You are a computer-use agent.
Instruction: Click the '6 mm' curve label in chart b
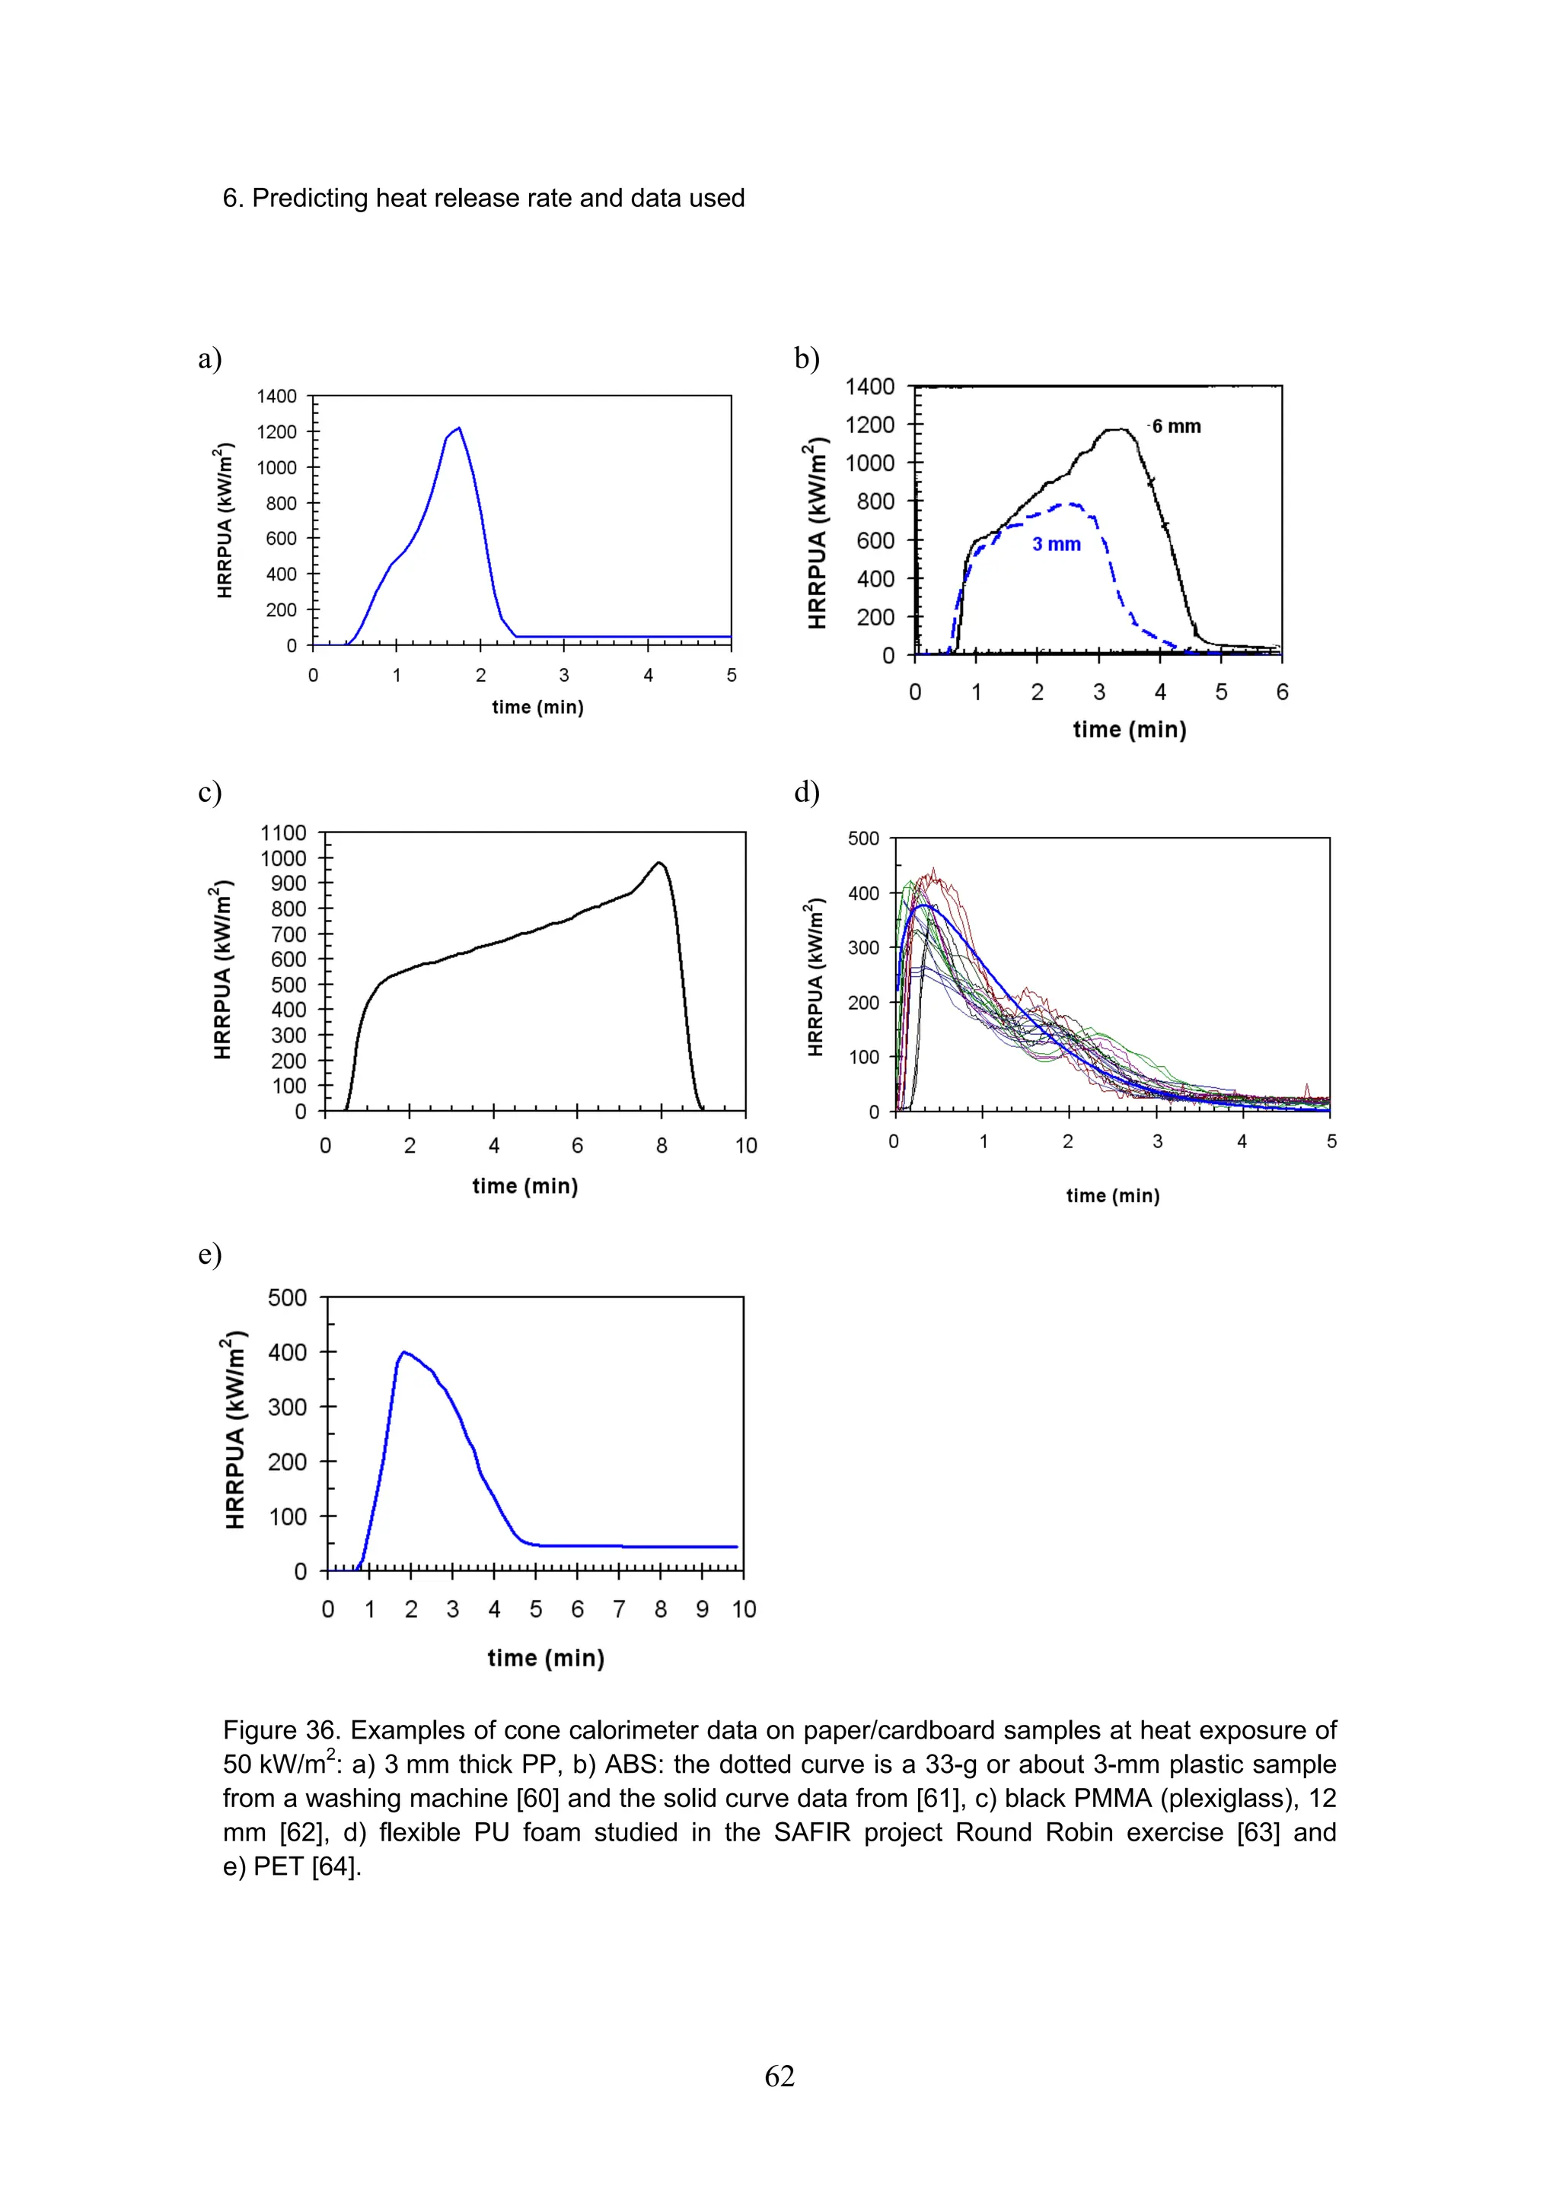click(1176, 426)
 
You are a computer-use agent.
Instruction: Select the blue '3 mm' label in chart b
click(1056, 545)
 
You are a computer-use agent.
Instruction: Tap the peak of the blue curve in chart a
click(459, 428)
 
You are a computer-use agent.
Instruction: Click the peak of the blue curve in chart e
click(403, 1352)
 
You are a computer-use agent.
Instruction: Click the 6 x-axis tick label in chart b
click(1281, 692)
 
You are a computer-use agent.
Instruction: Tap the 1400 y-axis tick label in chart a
click(276, 396)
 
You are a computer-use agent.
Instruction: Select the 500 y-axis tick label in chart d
click(862, 838)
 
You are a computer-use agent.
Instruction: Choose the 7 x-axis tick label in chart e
click(619, 1609)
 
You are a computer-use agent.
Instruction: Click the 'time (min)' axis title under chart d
click(1112, 1195)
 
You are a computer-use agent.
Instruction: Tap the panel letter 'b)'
click(806, 358)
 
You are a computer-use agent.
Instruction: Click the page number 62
click(779, 2076)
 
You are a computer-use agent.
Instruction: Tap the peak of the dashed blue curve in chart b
click(1069, 503)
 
